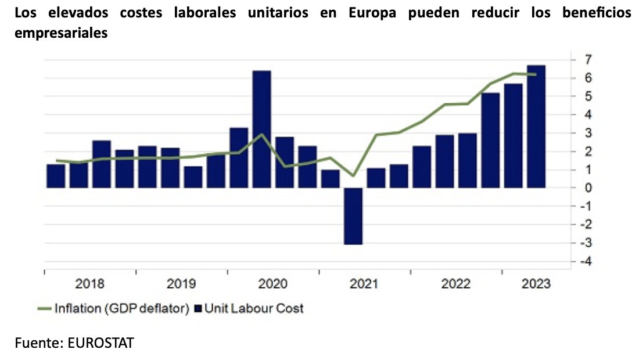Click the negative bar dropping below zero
point(353,215)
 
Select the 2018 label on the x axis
point(90,284)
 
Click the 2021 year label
point(364,284)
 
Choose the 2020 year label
point(273,284)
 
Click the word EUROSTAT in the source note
point(101,343)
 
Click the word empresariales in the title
point(61,33)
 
